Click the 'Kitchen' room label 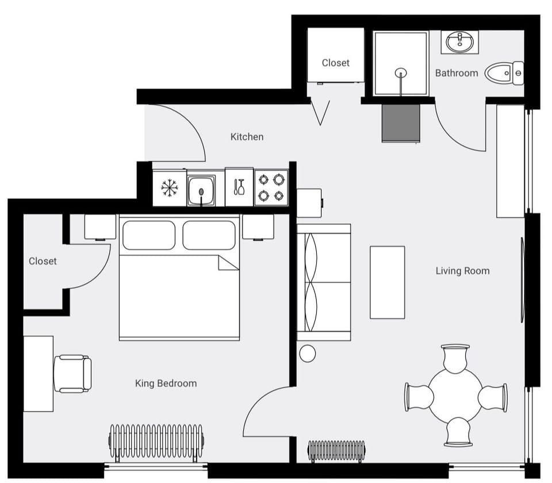tap(247, 137)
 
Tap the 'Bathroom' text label tap(456, 73)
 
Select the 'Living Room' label tap(462, 271)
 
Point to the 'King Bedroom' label tap(166, 384)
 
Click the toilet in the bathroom tap(504, 73)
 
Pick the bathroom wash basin tap(459, 41)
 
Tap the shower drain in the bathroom tap(401, 72)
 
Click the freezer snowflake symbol tap(169, 187)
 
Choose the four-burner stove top tap(271, 187)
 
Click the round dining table tap(455, 395)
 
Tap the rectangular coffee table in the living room tap(387, 282)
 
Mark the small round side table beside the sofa tap(308, 353)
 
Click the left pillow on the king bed tap(149, 235)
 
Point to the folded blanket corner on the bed tap(228, 263)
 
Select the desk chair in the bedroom tap(72, 374)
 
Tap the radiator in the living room tap(336, 450)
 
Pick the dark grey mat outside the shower tap(401, 122)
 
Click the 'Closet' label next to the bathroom tap(335, 63)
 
